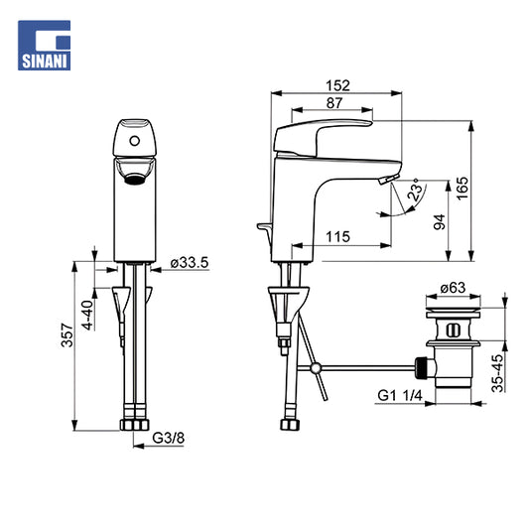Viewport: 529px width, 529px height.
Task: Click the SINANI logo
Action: click(45, 46)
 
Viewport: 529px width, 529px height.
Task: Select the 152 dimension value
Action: click(337, 85)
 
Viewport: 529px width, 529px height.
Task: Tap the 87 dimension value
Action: click(334, 103)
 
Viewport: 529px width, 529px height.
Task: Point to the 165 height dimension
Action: click(463, 188)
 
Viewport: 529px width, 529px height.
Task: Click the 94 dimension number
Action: click(440, 222)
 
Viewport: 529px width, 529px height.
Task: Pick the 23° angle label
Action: click(416, 191)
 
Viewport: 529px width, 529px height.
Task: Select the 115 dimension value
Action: click(338, 237)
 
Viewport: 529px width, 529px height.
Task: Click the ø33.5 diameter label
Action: click(190, 262)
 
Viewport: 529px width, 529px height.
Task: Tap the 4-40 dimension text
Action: click(87, 315)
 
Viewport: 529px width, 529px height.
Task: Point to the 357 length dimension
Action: click(66, 335)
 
